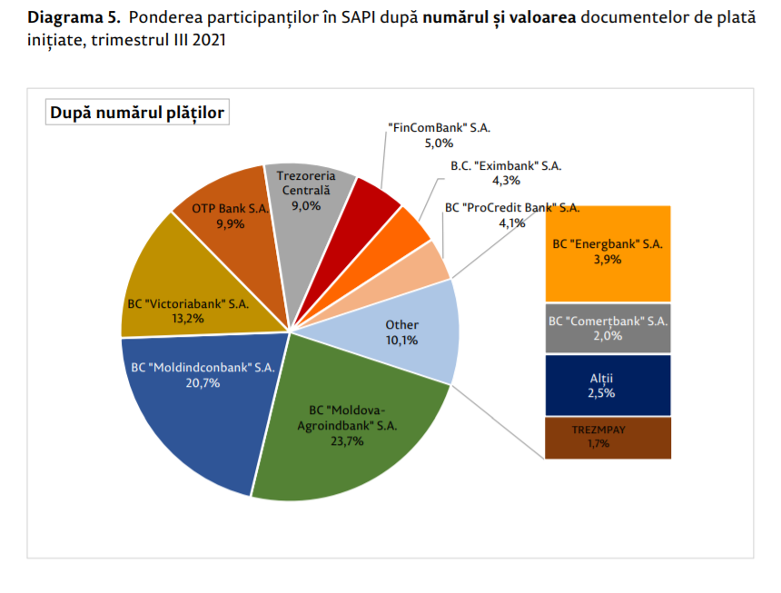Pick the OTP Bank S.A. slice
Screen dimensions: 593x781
pyautogui.click(x=227, y=218)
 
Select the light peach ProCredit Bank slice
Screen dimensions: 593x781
pyautogui.click(x=427, y=263)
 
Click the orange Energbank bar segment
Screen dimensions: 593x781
pyautogui.click(x=608, y=252)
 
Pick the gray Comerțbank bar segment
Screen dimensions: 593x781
pyautogui.click(x=608, y=328)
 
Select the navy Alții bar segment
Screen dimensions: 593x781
pyautogui.click(x=608, y=385)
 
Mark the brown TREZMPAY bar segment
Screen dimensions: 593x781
pyautogui.click(x=608, y=438)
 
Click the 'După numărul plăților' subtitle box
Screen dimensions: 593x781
pyautogui.click(x=137, y=113)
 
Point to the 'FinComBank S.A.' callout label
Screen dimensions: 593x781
pyautogui.click(x=439, y=129)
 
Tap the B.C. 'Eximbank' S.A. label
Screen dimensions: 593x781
pyautogui.click(x=506, y=166)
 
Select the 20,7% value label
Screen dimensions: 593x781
pyautogui.click(x=201, y=382)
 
